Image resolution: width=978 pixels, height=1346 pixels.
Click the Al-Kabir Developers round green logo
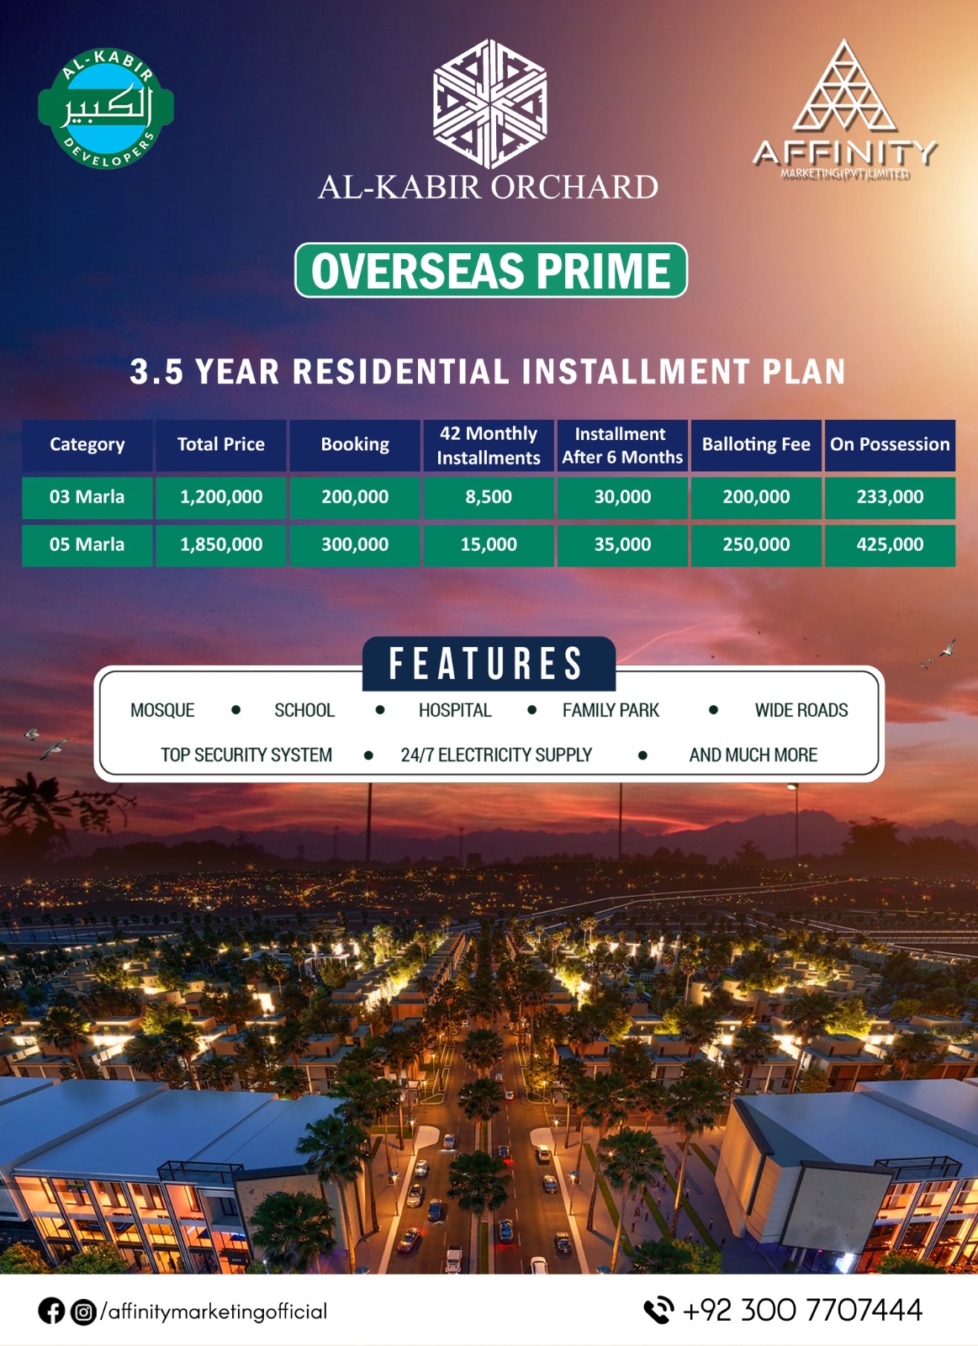[x=106, y=109]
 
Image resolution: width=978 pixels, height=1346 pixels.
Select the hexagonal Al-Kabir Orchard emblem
[x=489, y=103]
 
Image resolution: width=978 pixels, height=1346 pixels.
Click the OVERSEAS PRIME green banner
[x=491, y=270]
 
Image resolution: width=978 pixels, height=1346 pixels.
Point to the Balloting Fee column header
[x=756, y=445]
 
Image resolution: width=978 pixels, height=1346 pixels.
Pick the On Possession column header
[x=890, y=445]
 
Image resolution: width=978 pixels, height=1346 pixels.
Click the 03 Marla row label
[x=87, y=497]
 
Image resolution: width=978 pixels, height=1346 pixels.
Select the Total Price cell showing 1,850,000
[x=221, y=545]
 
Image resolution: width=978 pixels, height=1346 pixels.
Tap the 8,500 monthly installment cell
[x=489, y=497]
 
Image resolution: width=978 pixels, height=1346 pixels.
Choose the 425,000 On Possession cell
[x=890, y=545]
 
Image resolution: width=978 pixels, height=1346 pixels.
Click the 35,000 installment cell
[x=622, y=545]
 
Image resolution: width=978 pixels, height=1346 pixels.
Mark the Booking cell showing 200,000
[x=354, y=497]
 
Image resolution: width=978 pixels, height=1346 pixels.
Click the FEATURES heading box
[x=489, y=664]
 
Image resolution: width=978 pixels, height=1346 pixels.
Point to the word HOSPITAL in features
[x=455, y=710]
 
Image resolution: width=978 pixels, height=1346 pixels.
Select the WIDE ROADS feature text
[x=801, y=710]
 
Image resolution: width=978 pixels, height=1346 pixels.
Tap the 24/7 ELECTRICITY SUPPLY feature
[x=496, y=755]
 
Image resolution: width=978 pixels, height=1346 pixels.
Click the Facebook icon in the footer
[x=51, y=1312]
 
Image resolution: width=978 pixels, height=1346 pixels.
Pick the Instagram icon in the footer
[x=83, y=1312]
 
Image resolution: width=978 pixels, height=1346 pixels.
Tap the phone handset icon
[x=658, y=1311]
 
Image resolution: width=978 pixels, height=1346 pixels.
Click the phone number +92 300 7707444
[x=802, y=1311]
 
